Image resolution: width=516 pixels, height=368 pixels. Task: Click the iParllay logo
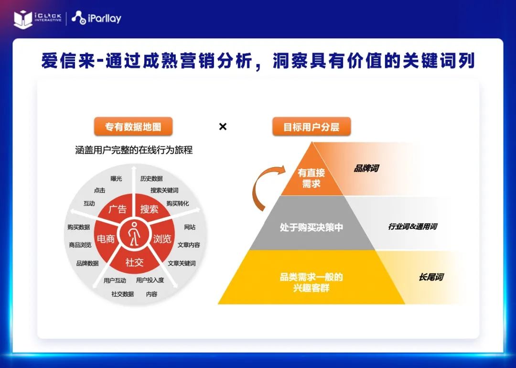tap(97, 18)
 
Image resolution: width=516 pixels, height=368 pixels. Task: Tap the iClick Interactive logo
tap(38, 19)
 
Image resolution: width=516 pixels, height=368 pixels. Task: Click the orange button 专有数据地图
tap(133, 127)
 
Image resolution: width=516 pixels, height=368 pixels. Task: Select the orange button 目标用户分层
tap(312, 127)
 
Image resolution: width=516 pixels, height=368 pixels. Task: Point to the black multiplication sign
tap(223, 126)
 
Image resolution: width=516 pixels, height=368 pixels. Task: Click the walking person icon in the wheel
tap(134, 234)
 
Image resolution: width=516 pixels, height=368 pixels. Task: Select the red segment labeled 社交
tap(134, 262)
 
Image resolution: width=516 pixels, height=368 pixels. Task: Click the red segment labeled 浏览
tap(162, 238)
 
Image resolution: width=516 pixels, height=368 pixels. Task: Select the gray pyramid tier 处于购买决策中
tap(312, 227)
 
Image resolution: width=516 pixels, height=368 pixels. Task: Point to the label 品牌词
tap(366, 169)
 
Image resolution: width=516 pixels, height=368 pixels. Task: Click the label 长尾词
tap(431, 277)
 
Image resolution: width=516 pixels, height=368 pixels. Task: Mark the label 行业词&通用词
tap(413, 227)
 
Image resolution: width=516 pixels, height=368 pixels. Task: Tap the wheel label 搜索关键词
tap(164, 190)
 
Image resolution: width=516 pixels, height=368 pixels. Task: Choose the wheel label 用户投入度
tap(150, 280)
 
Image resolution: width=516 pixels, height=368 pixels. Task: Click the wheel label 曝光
tap(116, 178)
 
